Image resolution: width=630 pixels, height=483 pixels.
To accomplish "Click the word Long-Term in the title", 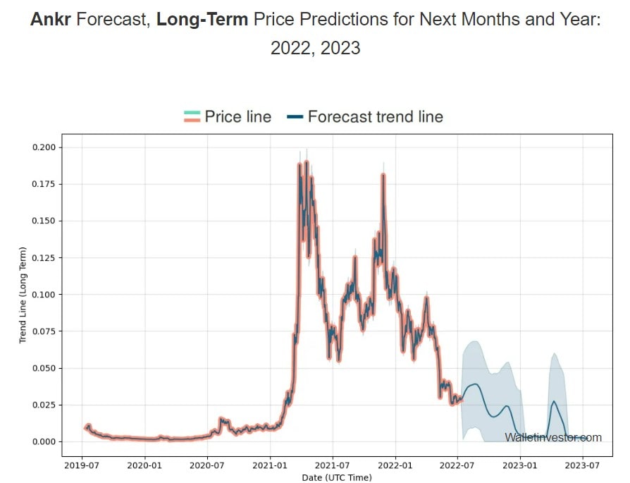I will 202,20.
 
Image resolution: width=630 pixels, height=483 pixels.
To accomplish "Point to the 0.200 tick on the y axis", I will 44,147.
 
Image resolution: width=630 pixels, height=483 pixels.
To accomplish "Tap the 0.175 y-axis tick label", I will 44,184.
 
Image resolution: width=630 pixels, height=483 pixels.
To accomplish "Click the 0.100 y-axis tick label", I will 44,295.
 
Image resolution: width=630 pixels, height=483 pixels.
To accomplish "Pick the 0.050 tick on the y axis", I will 44,368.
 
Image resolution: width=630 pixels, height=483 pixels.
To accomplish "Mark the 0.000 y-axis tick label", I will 44,441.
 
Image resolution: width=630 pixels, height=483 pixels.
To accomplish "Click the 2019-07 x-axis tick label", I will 82,466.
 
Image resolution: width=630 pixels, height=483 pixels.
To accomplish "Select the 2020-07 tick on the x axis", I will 208,466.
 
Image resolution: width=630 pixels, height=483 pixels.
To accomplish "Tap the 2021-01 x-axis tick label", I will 271,466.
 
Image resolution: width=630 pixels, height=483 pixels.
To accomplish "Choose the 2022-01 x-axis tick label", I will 396,466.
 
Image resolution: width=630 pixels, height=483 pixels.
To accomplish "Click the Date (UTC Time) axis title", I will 336,477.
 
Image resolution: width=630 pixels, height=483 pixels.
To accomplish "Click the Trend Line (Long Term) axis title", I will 23,295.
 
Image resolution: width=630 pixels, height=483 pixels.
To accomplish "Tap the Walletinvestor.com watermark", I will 553,438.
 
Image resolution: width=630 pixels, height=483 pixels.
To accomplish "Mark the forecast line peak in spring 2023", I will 554,401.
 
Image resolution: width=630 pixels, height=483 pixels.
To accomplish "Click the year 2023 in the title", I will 341,48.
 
